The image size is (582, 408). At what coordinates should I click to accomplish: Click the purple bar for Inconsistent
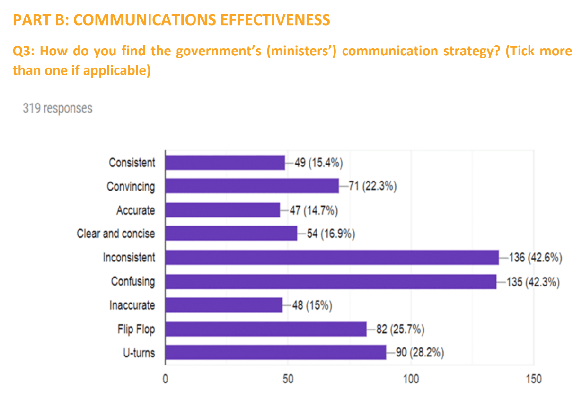pyautogui.click(x=332, y=258)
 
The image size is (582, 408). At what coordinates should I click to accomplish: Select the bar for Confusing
pyautogui.click(x=331, y=281)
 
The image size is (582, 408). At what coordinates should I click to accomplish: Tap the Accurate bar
pyautogui.click(x=222, y=210)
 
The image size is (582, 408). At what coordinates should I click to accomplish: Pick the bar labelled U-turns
pyautogui.click(x=275, y=353)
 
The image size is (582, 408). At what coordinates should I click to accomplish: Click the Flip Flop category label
pyautogui.click(x=136, y=329)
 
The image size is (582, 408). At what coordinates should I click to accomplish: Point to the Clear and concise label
pyautogui.click(x=116, y=234)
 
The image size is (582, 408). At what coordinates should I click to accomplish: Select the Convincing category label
pyautogui.click(x=131, y=186)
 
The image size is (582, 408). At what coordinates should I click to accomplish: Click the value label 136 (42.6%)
pyautogui.click(x=535, y=258)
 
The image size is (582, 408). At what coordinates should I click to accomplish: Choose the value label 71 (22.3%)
pyautogui.click(x=372, y=186)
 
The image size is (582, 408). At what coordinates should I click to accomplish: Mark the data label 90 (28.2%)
pyautogui.click(x=420, y=353)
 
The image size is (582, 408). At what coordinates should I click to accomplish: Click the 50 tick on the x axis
pyautogui.click(x=288, y=380)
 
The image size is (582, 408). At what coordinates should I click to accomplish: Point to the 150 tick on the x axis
pyautogui.click(x=534, y=380)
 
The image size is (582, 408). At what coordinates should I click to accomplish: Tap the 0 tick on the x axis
pyautogui.click(x=165, y=380)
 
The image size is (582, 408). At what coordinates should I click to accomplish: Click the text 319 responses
pyautogui.click(x=57, y=108)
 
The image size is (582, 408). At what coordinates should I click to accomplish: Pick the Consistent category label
pyautogui.click(x=132, y=163)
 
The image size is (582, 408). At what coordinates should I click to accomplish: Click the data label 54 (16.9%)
pyautogui.click(x=331, y=234)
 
